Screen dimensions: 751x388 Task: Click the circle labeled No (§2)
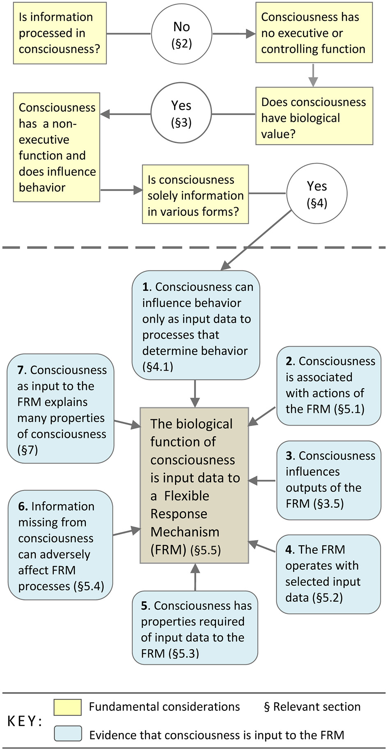(181, 34)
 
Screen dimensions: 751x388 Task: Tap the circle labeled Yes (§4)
(317, 193)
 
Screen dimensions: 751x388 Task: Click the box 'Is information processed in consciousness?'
(60, 33)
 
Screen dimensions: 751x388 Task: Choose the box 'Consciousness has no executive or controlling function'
(314, 33)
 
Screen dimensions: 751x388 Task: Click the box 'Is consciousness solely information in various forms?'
(195, 195)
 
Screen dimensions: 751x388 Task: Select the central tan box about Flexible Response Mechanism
(194, 485)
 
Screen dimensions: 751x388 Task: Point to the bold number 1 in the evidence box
(145, 287)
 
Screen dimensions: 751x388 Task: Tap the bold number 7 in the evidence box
(21, 370)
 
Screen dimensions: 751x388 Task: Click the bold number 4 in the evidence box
(289, 550)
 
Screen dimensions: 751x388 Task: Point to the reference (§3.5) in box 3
(328, 504)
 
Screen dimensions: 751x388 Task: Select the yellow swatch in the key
(67, 707)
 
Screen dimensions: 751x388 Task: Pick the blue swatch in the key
(68, 734)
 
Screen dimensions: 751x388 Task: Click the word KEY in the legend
(24, 721)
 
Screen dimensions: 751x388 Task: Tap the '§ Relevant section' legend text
(312, 707)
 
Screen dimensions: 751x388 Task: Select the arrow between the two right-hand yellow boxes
(313, 75)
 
